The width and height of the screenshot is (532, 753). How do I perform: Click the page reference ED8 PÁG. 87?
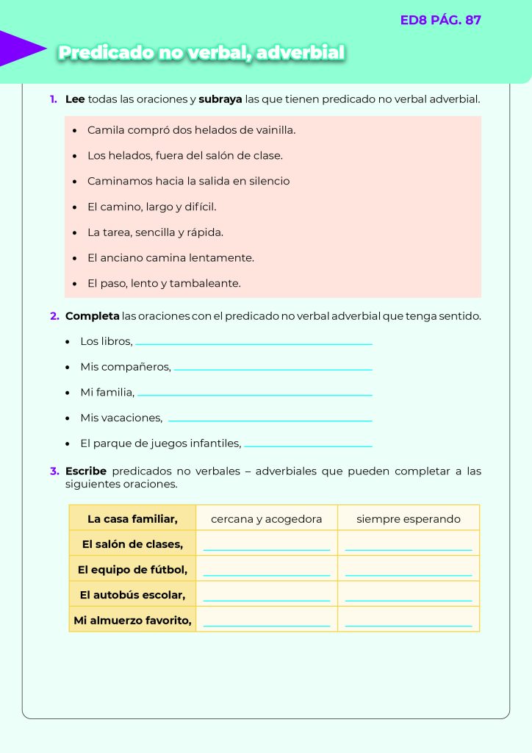click(x=440, y=21)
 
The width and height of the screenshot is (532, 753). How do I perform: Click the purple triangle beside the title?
click(x=20, y=49)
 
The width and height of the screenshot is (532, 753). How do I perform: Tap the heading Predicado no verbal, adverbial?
click(x=201, y=53)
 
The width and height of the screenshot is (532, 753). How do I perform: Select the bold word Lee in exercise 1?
click(x=75, y=99)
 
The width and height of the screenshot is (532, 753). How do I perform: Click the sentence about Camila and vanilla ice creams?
click(x=191, y=130)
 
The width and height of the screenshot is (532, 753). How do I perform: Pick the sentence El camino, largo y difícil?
click(x=151, y=207)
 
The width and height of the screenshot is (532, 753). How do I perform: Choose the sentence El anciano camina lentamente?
click(x=170, y=258)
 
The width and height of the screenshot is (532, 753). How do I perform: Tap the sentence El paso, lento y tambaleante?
click(x=164, y=283)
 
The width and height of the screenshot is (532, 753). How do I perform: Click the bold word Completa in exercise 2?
click(x=93, y=316)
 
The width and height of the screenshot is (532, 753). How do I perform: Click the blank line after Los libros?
click(x=254, y=343)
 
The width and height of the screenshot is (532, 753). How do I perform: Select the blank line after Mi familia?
click(x=254, y=395)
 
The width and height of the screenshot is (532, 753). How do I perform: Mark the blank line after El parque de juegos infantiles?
click(x=308, y=446)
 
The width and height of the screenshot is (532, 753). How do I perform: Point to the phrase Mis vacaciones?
click(x=121, y=418)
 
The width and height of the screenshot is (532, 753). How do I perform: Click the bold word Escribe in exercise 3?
click(x=86, y=471)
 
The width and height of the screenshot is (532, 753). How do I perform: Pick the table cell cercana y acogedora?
click(x=266, y=519)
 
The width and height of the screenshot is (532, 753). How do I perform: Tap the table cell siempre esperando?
click(x=409, y=519)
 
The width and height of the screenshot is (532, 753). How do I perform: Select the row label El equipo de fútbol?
click(x=132, y=569)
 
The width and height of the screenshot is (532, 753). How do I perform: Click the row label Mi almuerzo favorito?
click(x=132, y=621)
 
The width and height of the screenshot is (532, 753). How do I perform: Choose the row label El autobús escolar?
click(x=132, y=594)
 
